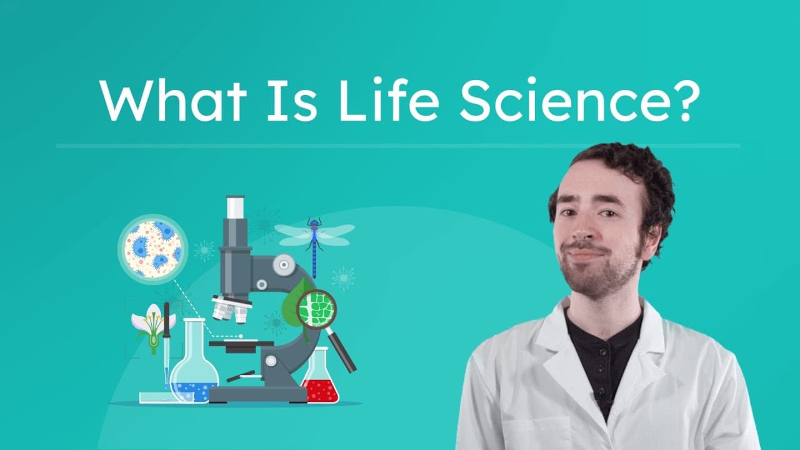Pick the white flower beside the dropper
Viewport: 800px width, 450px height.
click(x=151, y=322)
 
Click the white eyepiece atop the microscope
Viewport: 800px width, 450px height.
click(x=235, y=207)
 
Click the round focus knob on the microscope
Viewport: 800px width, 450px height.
click(x=284, y=266)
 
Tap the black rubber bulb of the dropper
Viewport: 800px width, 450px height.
click(x=166, y=319)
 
